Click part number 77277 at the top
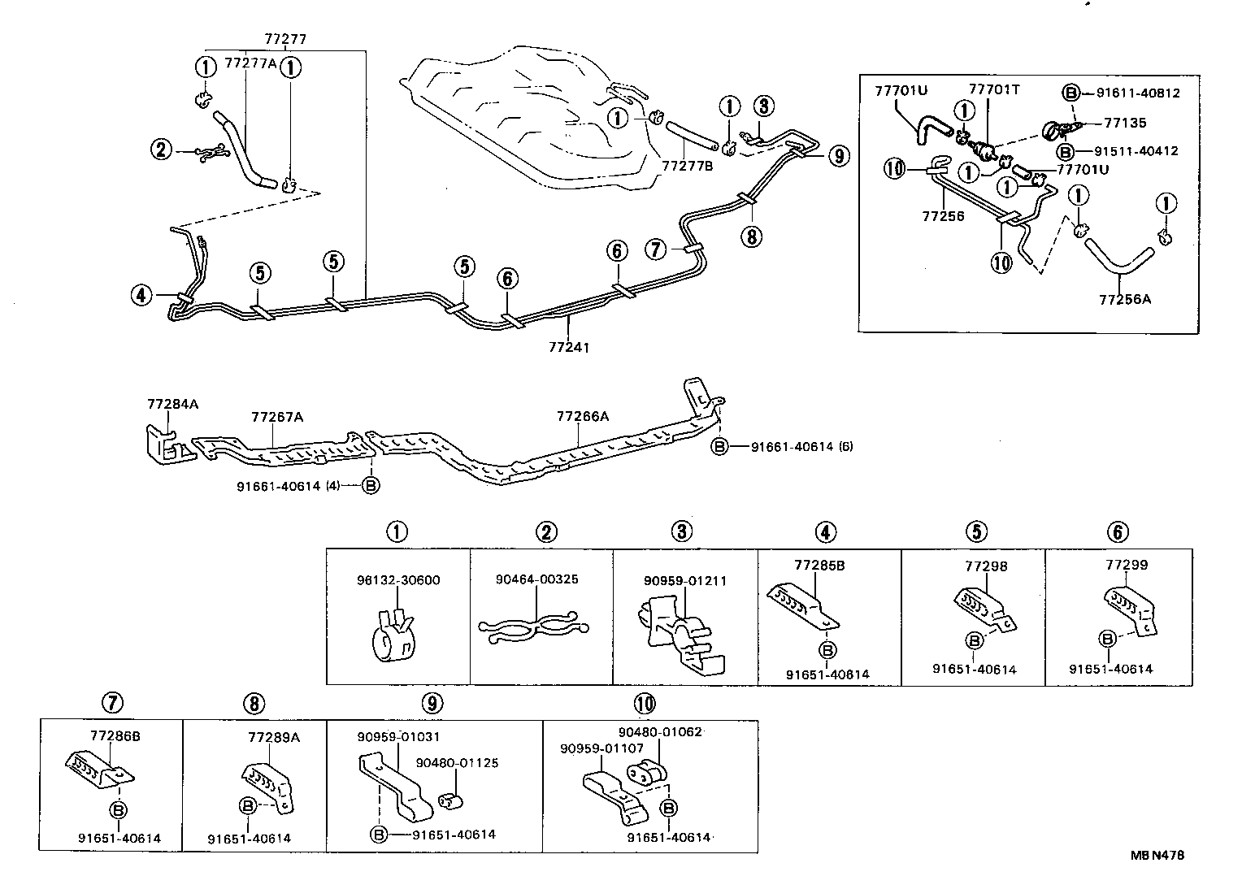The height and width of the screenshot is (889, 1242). coord(285,38)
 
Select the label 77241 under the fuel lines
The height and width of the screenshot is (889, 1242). coord(569,347)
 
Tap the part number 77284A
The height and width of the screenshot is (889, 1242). coord(172,403)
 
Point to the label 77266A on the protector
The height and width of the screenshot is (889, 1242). coord(582,416)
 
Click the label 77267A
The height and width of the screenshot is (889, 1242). coord(277,417)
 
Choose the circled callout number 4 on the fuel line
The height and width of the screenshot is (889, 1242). coord(142,295)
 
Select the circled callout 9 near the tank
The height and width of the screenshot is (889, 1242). coord(839,156)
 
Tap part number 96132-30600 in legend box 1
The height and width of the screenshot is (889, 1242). coord(398,580)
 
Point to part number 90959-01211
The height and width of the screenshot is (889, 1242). coord(684,581)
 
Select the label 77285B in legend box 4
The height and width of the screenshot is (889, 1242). coord(819,565)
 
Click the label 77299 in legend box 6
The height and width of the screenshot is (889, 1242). coord(1127,565)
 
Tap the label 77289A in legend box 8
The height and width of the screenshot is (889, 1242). coord(274,737)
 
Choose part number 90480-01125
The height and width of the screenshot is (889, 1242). coord(457,763)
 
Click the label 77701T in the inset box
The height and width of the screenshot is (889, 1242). coord(993,89)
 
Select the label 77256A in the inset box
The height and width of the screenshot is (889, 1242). coord(1125,299)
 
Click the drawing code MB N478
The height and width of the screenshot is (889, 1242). coord(1157,855)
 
